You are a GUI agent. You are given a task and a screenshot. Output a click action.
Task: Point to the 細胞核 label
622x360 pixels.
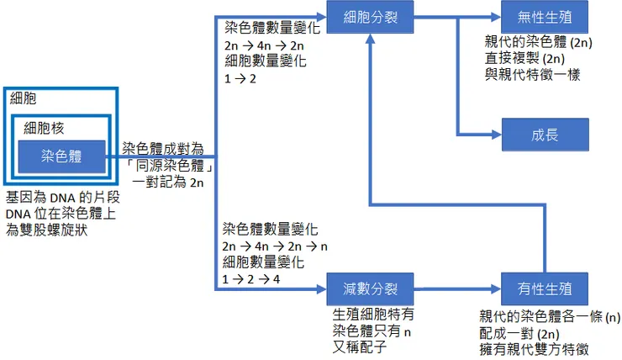point(45,129)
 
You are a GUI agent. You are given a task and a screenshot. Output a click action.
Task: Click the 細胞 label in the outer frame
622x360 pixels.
point(23,99)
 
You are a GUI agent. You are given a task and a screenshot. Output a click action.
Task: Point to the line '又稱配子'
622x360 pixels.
point(361,345)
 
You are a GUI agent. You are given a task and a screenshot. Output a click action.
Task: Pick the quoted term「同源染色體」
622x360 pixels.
point(168,165)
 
